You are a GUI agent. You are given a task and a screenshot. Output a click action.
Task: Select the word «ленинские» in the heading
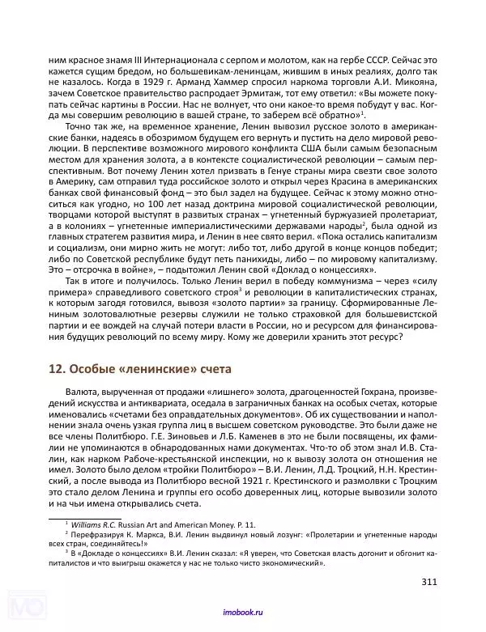[150, 369]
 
